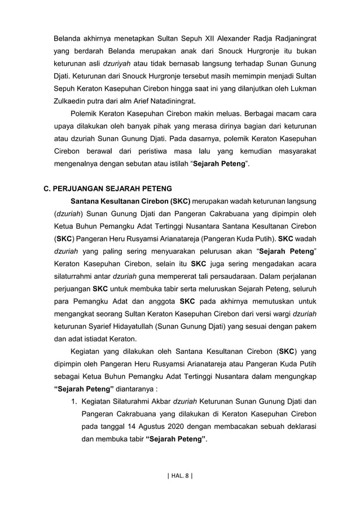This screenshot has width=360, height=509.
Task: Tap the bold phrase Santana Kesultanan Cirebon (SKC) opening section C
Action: click(x=130, y=201)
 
